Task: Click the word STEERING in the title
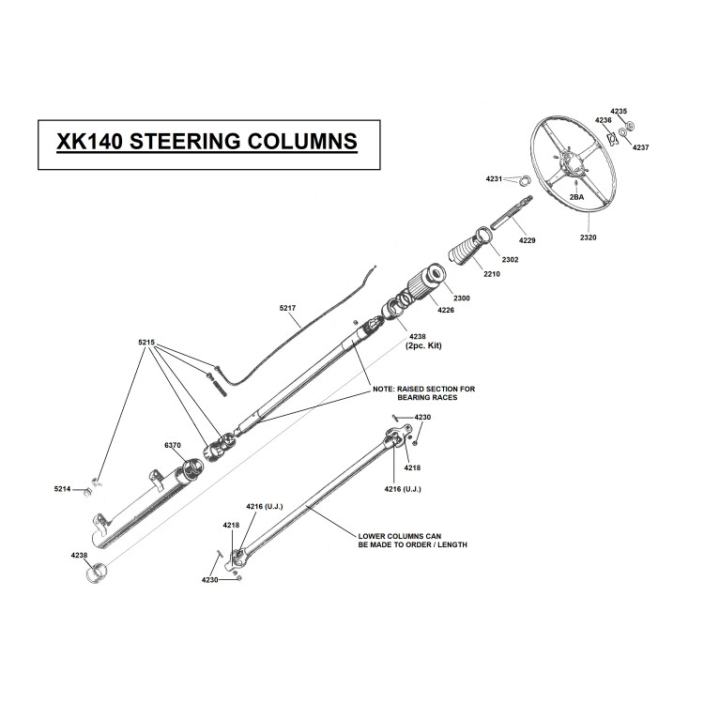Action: (x=185, y=142)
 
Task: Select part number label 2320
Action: (x=589, y=237)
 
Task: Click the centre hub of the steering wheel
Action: (x=574, y=163)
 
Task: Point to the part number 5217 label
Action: (x=287, y=308)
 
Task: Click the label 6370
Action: (x=173, y=445)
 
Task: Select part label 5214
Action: (x=62, y=489)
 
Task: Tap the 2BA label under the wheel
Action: (x=576, y=197)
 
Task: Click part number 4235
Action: (x=619, y=111)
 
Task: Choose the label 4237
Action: (x=641, y=147)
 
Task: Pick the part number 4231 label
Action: (x=494, y=178)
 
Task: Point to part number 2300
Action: (x=462, y=298)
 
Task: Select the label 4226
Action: (x=446, y=310)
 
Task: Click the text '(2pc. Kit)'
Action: (x=423, y=345)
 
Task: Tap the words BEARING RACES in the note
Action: (x=427, y=397)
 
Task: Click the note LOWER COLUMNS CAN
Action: (x=400, y=536)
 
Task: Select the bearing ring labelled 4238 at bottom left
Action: (x=96, y=574)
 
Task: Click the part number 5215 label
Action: (x=146, y=343)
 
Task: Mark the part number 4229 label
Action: (x=528, y=240)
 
